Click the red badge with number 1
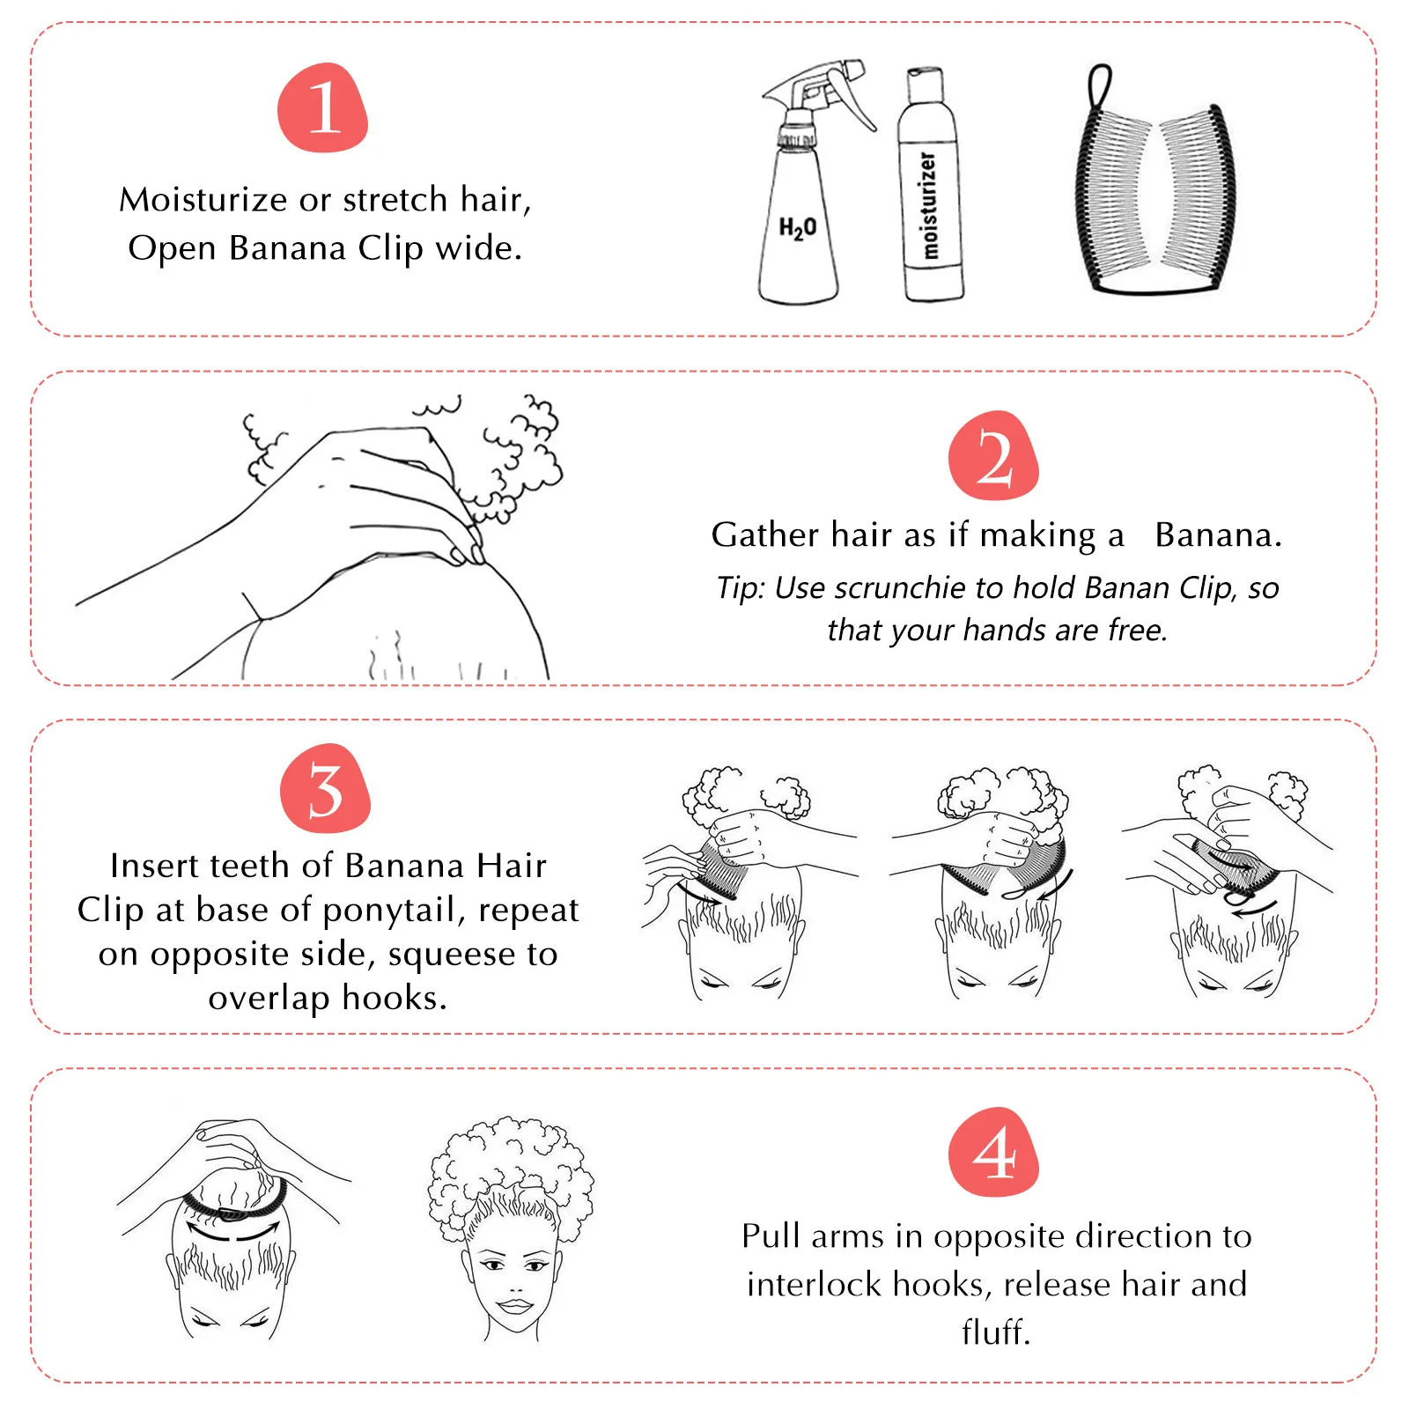[322, 107]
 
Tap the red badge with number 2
[993, 456]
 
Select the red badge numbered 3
[325, 789]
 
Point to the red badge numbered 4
[993, 1152]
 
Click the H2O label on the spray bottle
[797, 228]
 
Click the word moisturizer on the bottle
[928, 205]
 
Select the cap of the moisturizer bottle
[925, 85]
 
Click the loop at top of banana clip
[1099, 85]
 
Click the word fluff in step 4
[994, 1332]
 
